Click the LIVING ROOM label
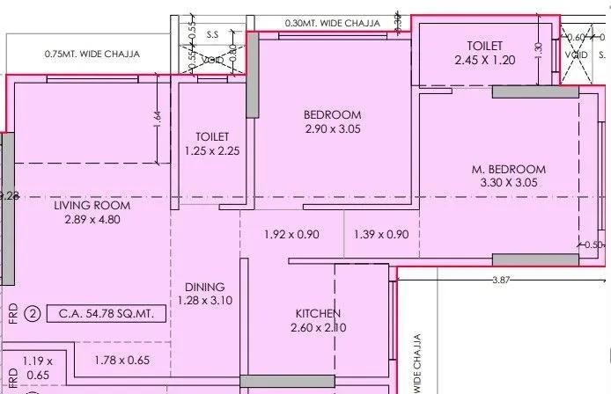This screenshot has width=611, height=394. (x=92, y=206)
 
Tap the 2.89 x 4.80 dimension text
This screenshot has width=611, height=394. (x=92, y=220)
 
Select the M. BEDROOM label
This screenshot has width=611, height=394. (x=508, y=169)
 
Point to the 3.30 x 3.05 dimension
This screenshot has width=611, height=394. (x=508, y=183)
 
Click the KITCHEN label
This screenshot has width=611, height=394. (x=318, y=314)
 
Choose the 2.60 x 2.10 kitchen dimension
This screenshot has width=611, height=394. (x=318, y=328)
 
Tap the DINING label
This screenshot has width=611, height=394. (x=204, y=287)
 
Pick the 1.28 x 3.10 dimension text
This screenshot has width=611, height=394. (x=204, y=301)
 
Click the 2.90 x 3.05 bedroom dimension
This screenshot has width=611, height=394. (x=332, y=129)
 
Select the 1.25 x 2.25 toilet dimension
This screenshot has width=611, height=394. (x=212, y=150)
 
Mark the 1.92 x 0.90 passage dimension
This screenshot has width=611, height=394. (x=291, y=235)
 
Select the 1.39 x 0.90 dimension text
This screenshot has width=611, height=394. (x=381, y=235)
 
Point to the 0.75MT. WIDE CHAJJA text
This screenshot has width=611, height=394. (x=92, y=54)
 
